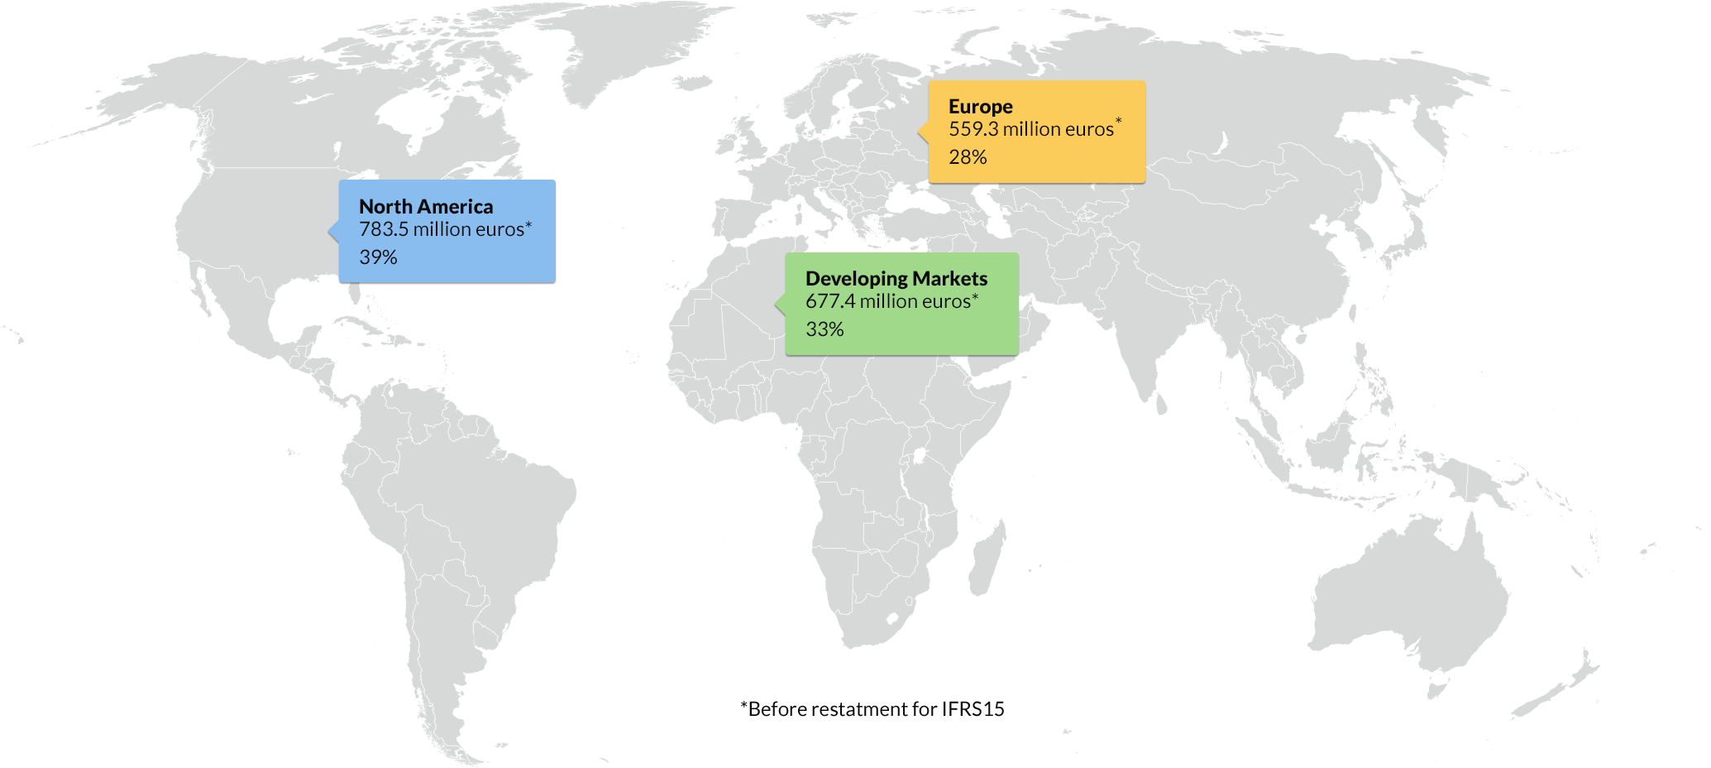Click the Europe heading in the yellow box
tap(980, 107)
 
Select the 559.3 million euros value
tap(1030, 130)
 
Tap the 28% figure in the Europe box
tap(968, 157)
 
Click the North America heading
tap(426, 207)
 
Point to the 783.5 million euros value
tap(442, 230)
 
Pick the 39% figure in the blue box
tap(378, 257)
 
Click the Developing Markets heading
tap(896, 279)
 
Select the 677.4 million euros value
tap(888, 302)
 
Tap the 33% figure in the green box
tap(824, 329)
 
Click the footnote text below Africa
tap(872, 709)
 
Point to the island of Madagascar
tap(987, 554)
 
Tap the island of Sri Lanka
tap(1161, 405)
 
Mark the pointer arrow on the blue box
tap(333, 231)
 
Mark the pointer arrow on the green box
tap(780, 304)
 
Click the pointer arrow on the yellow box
tap(923, 132)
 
